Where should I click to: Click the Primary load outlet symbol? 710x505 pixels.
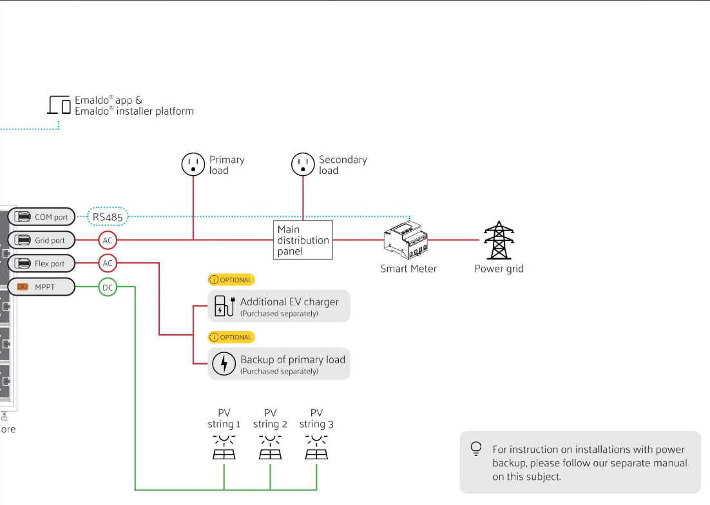193,165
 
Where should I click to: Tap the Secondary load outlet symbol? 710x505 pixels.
302,165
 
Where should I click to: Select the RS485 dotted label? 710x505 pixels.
108,217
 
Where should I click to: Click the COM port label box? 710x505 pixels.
42,217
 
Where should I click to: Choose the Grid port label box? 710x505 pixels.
42,240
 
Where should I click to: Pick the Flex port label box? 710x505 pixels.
42,263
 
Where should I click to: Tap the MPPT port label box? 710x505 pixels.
42,287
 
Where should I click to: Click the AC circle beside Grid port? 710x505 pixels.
108,240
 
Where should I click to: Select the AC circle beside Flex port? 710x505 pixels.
108,263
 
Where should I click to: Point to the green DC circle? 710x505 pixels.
108,287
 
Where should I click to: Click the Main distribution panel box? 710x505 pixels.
303,240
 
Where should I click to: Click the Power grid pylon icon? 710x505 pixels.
497,240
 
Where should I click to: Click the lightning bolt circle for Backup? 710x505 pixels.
224,364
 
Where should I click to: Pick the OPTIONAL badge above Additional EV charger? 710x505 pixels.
231,280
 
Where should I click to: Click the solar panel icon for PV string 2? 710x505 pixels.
270,447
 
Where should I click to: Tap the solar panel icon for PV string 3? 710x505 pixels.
316,447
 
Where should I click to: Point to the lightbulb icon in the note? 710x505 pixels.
476,449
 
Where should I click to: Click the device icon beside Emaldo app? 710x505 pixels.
59,105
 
